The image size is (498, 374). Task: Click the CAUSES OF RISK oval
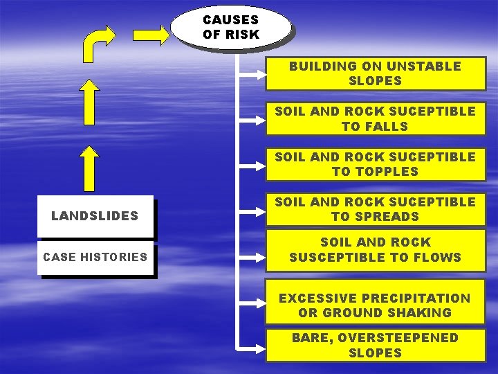(x=230, y=27)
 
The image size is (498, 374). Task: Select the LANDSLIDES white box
(x=95, y=216)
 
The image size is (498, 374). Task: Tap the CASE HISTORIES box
(x=95, y=257)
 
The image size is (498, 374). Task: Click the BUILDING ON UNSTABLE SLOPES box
(x=375, y=73)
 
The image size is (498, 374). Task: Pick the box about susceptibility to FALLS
(x=375, y=118)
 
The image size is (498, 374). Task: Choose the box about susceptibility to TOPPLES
(x=375, y=164)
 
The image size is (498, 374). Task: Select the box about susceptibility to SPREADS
(x=375, y=209)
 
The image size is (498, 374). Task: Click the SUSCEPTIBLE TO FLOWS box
(x=375, y=250)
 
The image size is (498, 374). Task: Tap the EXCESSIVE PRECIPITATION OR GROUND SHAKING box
(x=375, y=305)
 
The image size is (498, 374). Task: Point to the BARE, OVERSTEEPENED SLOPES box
(x=375, y=345)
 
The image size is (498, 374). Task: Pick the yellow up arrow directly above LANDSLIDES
(x=89, y=168)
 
